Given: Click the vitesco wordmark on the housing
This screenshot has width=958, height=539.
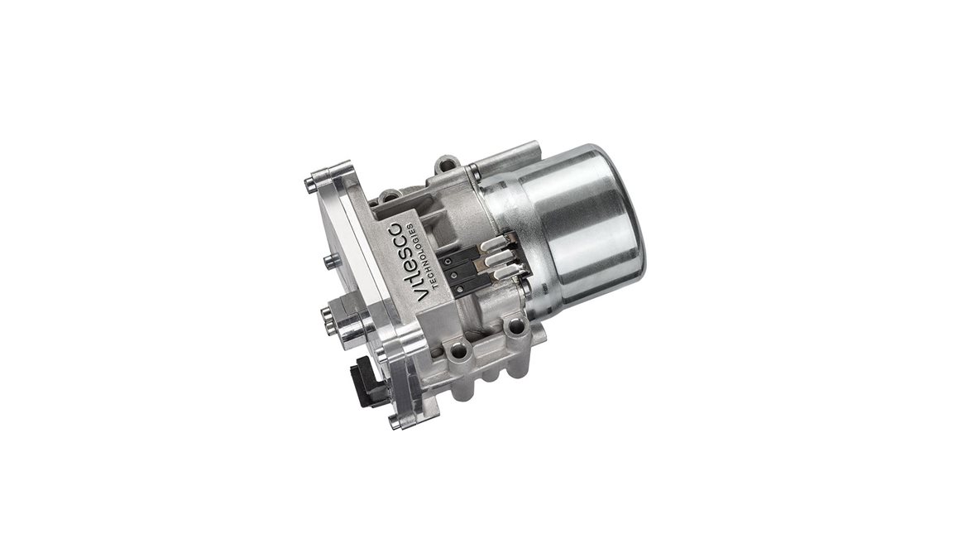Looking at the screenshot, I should (x=409, y=259).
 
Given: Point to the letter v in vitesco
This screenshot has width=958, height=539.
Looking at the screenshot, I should (x=423, y=296).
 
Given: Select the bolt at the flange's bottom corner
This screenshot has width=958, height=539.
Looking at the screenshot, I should (x=399, y=422).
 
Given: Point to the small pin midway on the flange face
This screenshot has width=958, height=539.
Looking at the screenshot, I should (x=329, y=262).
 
